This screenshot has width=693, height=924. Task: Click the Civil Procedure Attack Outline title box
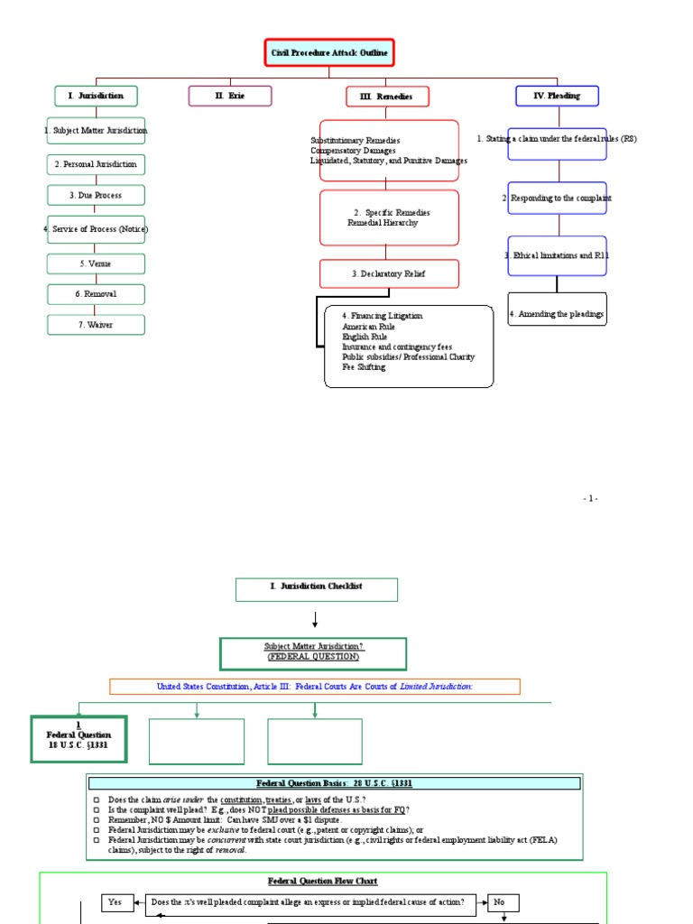pyautogui.click(x=329, y=53)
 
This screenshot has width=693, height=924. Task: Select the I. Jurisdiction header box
pyautogui.click(x=96, y=96)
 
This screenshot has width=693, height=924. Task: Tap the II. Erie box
pyautogui.click(x=230, y=96)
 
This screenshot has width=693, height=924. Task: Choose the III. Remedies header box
pyautogui.click(x=387, y=97)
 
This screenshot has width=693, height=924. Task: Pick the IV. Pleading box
pyautogui.click(x=557, y=96)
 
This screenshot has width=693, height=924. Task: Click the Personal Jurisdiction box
pyautogui.click(x=96, y=164)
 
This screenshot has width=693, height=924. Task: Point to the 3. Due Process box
pyautogui.click(x=96, y=195)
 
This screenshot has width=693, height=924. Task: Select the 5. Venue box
pyautogui.click(x=96, y=263)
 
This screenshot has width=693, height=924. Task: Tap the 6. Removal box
pyautogui.click(x=96, y=294)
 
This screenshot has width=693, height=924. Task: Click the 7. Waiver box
pyautogui.click(x=96, y=325)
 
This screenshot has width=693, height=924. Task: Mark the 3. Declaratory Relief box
pyautogui.click(x=389, y=274)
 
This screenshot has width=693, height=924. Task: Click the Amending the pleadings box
pyautogui.click(x=557, y=314)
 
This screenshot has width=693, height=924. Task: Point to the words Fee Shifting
pyautogui.click(x=364, y=367)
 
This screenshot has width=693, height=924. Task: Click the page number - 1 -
pyautogui.click(x=590, y=499)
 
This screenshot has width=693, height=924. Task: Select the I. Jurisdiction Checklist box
pyautogui.click(x=316, y=587)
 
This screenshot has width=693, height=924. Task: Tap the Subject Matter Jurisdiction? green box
pyautogui.click(x=313, y=651)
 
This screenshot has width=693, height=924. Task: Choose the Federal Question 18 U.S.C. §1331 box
pyautogui.click(x=79, y=738)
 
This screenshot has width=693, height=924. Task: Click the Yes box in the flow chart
pyautogui.click(x=115, y=901)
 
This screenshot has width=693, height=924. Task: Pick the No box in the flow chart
pyautogui.click(x=501, y=901)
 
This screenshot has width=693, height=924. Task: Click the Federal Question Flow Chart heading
pyautogui.click(x=323, y=881)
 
